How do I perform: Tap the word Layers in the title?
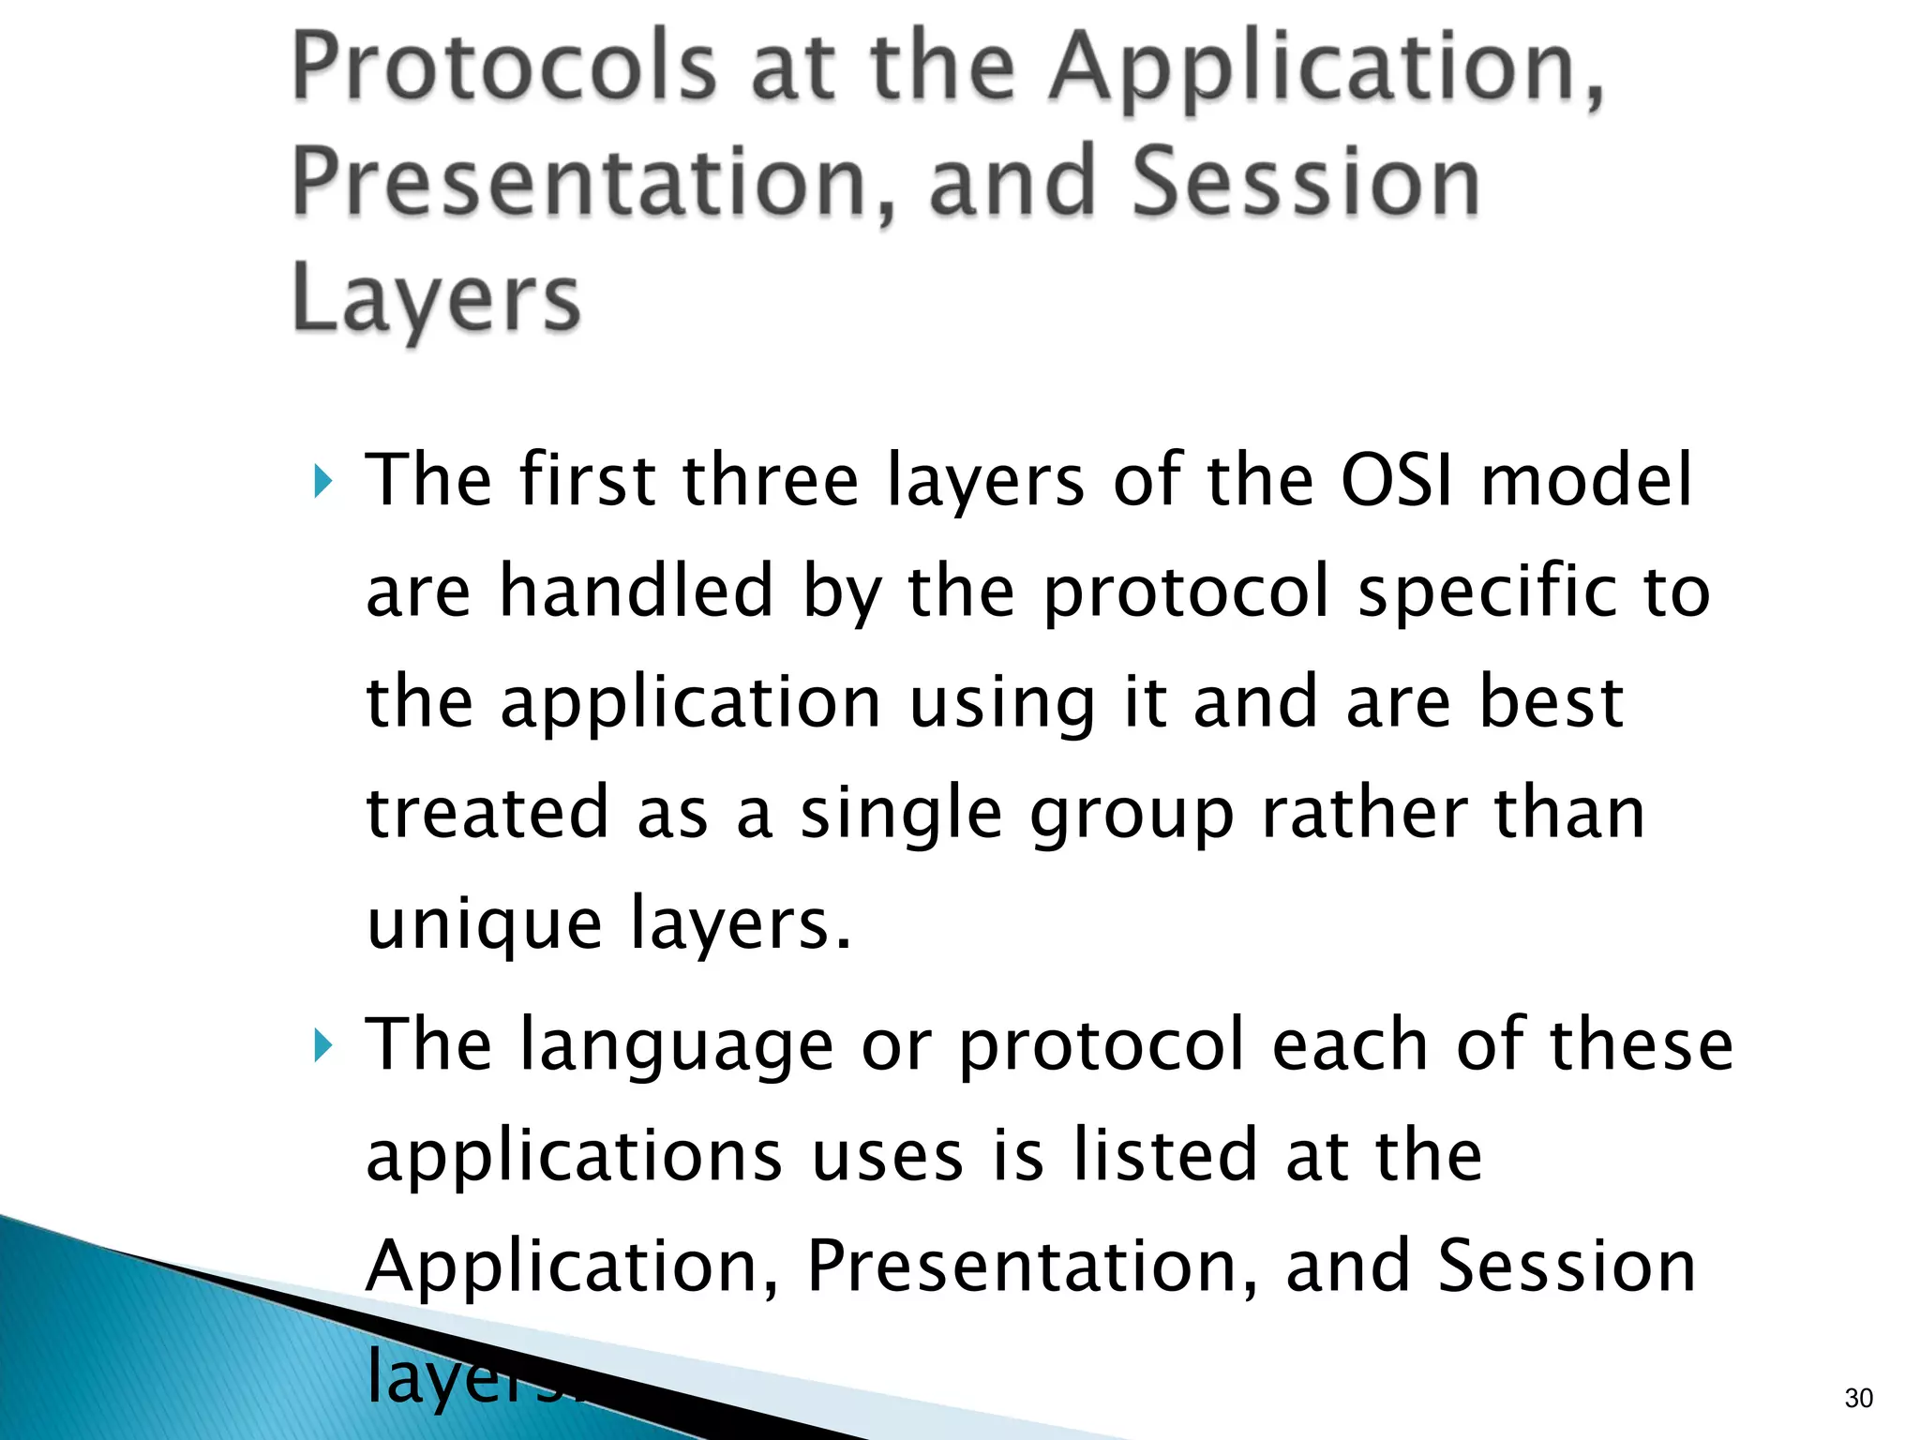(436, 298)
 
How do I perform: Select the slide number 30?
(1858, 1398)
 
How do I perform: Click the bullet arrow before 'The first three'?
(322, 482)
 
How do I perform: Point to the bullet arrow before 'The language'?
(322, 1045)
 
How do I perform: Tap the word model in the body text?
(1586, 480)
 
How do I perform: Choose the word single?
(901, 815)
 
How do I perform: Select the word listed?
(1164, 1155)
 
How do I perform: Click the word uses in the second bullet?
(887, 1157)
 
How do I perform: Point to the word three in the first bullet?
(771, 480)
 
